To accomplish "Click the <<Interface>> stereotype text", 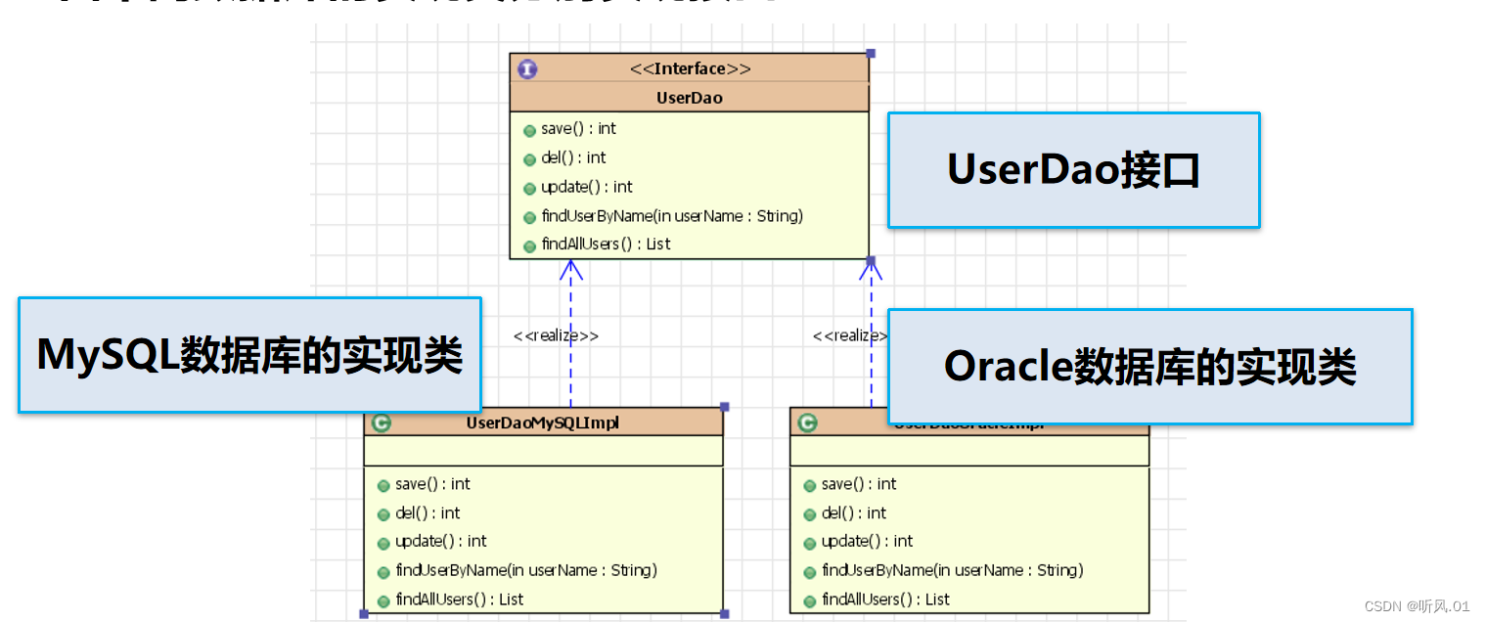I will [690, 68].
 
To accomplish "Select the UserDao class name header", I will [690, 98].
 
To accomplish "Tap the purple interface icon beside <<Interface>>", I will [527, 69].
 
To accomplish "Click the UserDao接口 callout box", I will [1073, 170].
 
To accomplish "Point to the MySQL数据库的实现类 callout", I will [249, 355].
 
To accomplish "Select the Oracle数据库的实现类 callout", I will [1149, 367].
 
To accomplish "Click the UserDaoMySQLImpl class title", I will [543, 422].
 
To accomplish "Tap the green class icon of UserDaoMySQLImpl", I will [382, 422].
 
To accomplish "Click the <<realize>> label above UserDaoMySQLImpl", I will [556, 335].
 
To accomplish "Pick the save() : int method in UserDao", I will [578, 128].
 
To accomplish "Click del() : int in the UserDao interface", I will [572, 157].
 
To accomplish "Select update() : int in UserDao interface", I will [586, 187].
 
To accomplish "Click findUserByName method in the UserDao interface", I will [671, 216].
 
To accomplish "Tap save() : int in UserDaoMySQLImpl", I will [431, 484].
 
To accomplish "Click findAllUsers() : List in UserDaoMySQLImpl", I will [459, 600].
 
